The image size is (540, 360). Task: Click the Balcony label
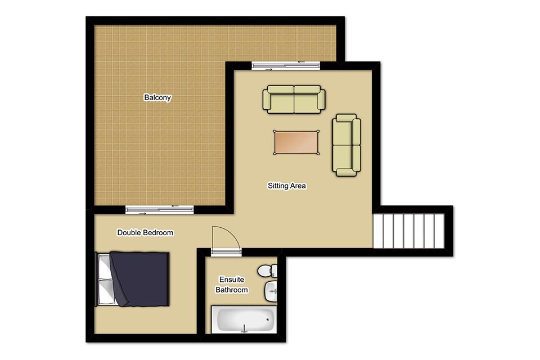click(x=157, y=97)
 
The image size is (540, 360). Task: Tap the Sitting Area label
click(x=287, y=186)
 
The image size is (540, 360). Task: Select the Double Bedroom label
click(x=145, y=232)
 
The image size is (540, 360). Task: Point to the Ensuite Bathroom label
click(x=232, y=285)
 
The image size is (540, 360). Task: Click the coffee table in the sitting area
click(x=296, y=142)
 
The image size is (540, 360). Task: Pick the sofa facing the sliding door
click(x=294, y=99)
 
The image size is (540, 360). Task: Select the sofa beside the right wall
click(x=346, y=145)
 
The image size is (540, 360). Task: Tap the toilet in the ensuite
click(x=267, y=271)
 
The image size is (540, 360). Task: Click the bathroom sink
click(x=271, y=291)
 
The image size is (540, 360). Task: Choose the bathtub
click(x=244, y=319)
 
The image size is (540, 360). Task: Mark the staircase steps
click(x=409, y=231)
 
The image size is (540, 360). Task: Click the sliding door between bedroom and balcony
click(x=159, y=209)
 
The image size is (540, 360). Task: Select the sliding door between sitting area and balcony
click(x=286, y=66)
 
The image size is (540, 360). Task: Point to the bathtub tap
click(x=244, y=328)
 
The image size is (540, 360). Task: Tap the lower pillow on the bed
click(x=105, y=291)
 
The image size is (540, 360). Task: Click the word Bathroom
click(x=232, y=290)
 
